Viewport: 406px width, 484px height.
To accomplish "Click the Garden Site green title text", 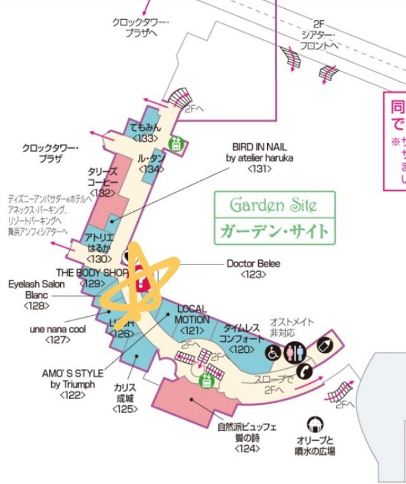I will (x=274, y=206).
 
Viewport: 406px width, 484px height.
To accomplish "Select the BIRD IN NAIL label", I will (x=259, y=153).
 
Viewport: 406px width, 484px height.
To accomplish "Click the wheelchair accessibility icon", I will (x=274, y=352).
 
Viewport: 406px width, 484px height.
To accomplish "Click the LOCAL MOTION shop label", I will (x=192, y=315).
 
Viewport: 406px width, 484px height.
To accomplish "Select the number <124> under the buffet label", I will (x=246, y=448).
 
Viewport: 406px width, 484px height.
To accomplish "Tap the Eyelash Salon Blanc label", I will (x=36, y=289).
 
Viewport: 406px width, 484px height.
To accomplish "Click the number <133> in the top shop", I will (x=145, y=138).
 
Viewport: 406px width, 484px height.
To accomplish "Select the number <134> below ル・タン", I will (x=151, y=169).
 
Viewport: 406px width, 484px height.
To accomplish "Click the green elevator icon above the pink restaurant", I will (x=206, y=381).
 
